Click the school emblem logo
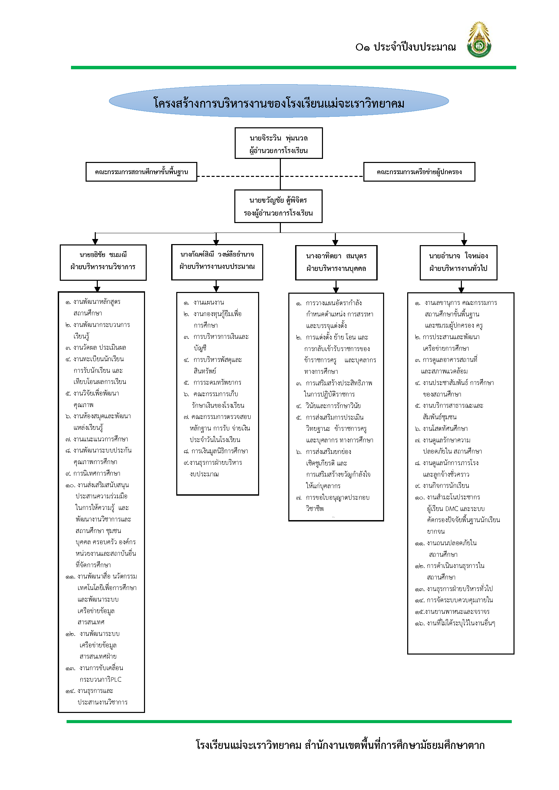tap(479, 40)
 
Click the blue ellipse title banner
tap(279, 101)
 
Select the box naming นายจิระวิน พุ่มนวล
tap(279, 144)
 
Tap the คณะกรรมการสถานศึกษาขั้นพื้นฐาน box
tap(142, 172)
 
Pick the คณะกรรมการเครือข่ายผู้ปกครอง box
tap(419, 172)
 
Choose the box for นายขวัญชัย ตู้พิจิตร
tap(278, 206)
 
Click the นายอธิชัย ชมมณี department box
tap(103, 262)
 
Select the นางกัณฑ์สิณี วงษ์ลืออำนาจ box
tap(217, 262)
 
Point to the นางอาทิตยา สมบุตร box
tap(336, 263)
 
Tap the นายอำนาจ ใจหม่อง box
tap(458, 263)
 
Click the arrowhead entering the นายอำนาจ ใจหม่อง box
tap(464, 241)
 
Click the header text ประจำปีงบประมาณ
tap(415, 47)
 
